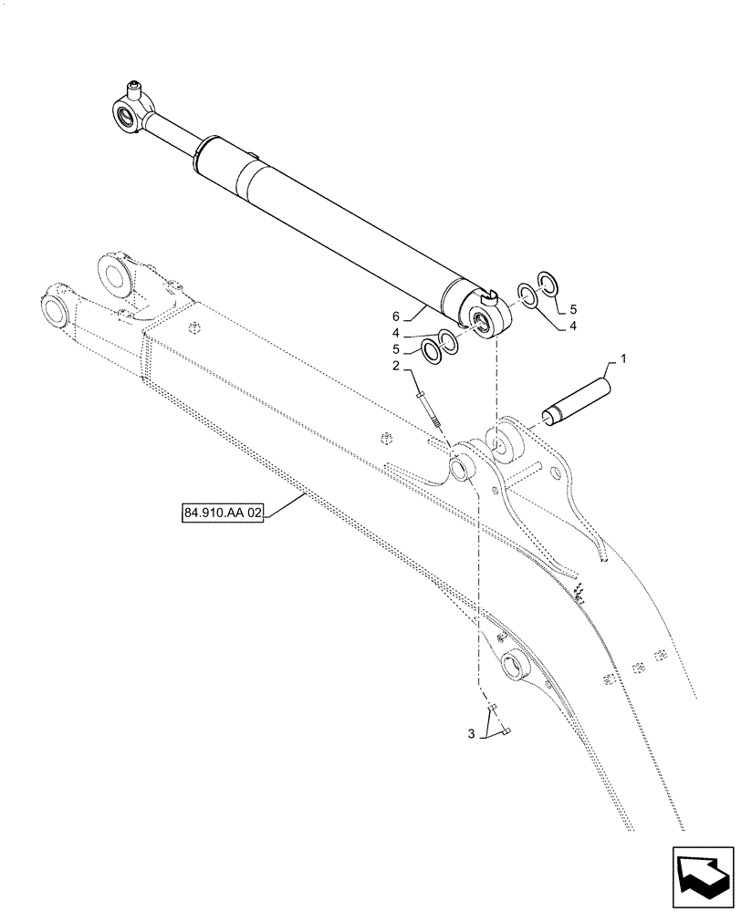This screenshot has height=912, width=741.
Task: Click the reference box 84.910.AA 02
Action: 223,514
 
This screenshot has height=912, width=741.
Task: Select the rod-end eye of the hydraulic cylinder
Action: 126,113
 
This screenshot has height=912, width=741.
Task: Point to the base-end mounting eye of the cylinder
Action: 483,319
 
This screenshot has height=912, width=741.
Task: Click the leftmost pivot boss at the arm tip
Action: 57,307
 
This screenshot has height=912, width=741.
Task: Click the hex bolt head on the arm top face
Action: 192,329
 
